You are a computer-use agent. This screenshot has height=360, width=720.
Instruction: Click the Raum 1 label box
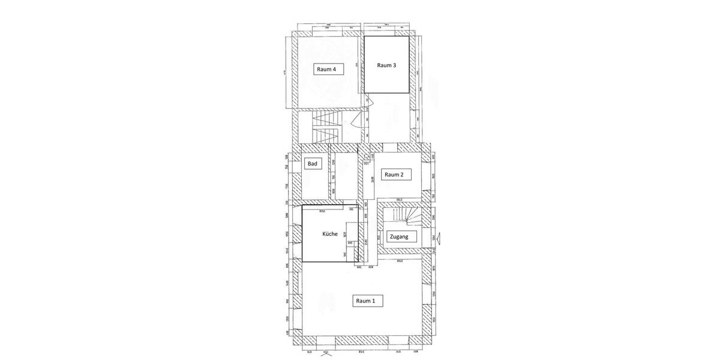(x=365, y=301)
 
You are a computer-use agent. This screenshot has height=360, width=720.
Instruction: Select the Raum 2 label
(x=398, y=175)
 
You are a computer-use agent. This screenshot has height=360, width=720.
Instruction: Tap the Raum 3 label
(x=386, y=65)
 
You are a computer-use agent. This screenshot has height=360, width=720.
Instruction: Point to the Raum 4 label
(x=325, y=69)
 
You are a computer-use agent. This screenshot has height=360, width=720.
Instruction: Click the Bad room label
(x=312, y=164)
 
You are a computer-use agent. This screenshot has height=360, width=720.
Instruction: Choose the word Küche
(x=329, y=234)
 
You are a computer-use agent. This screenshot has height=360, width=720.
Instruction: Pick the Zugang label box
(x=399, y=236)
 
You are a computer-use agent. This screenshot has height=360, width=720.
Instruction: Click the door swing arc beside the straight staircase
(x=356, y=121)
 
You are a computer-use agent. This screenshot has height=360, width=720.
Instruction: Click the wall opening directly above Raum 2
(x=389, y=147)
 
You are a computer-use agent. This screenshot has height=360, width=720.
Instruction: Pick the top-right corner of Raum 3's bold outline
(x=409, y=37)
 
